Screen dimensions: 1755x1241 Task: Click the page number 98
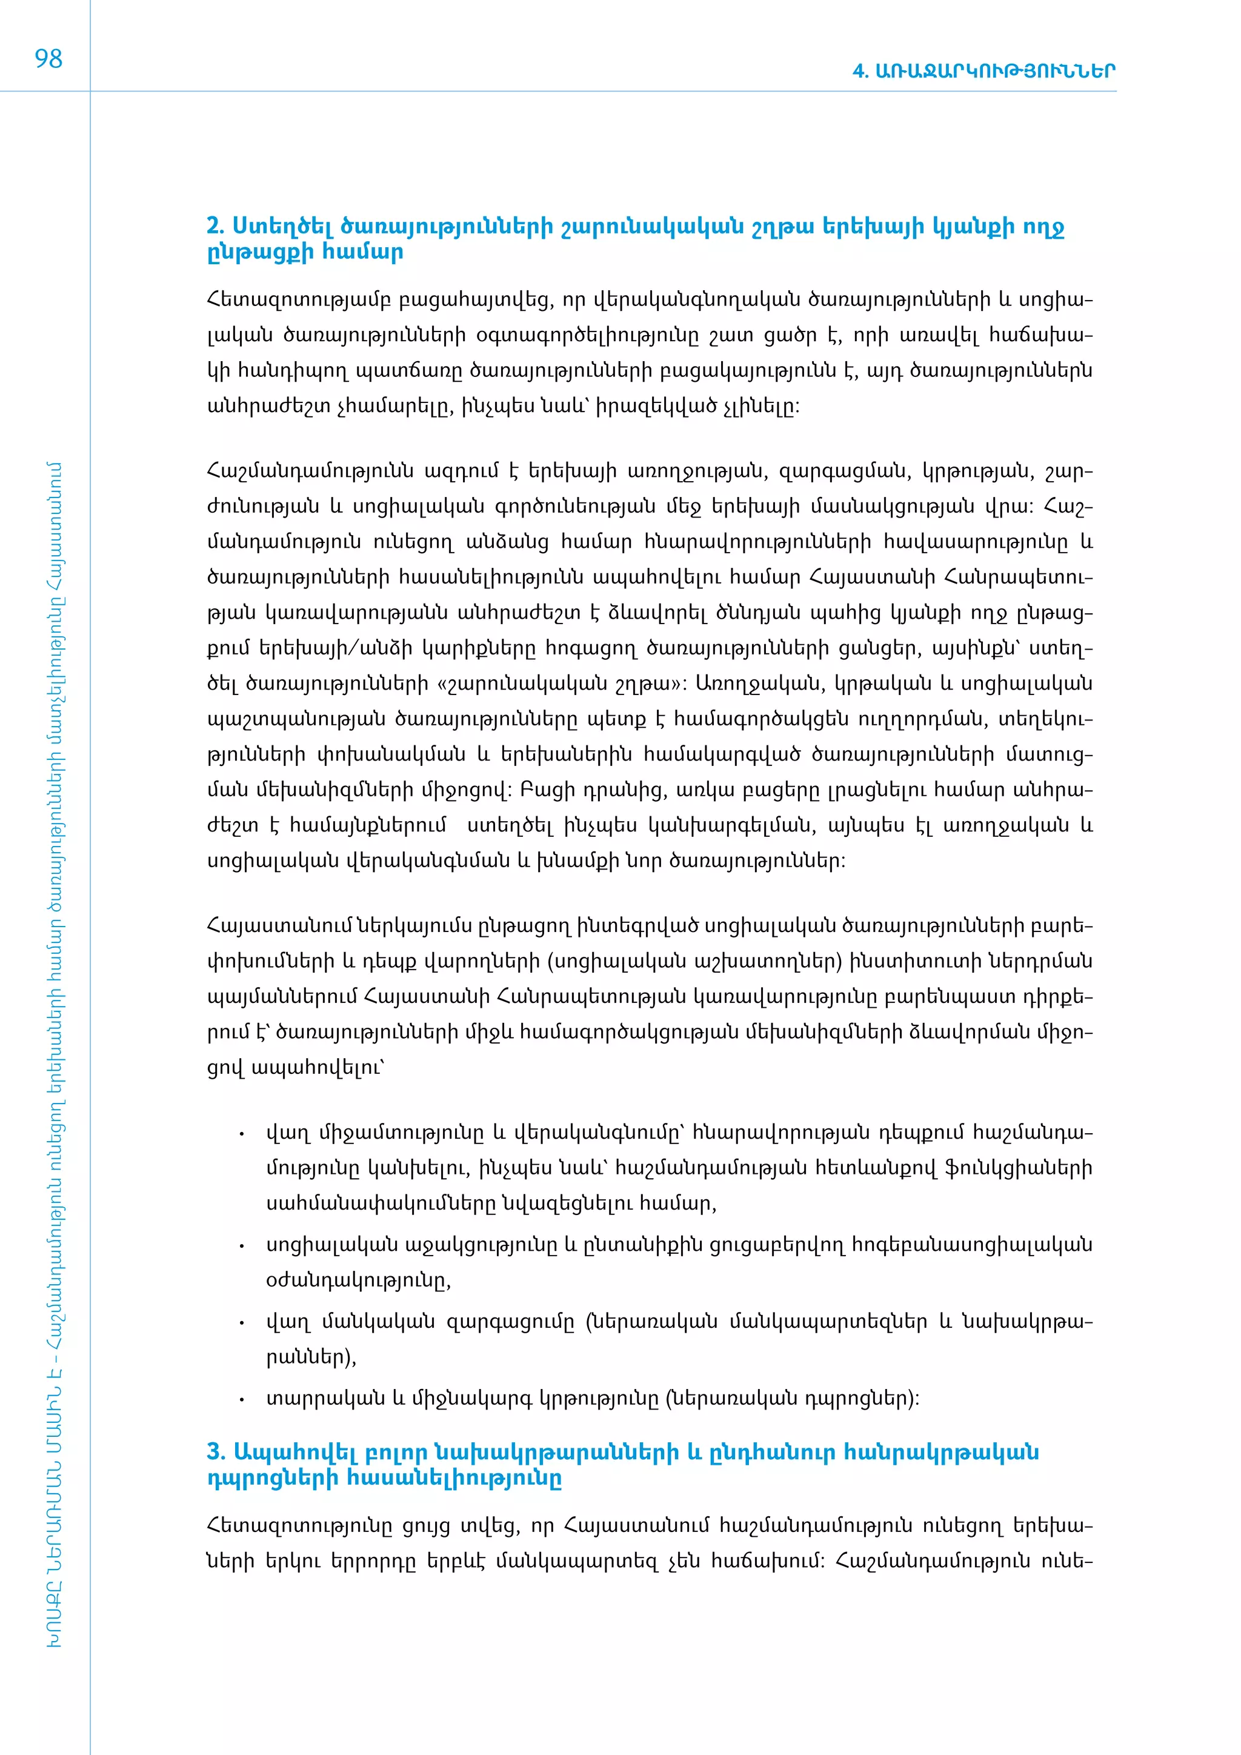48,59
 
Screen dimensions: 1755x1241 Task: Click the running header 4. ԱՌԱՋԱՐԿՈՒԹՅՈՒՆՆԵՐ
983,71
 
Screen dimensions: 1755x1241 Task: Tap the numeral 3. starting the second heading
216,1451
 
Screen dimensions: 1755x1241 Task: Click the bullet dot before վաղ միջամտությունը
242,1134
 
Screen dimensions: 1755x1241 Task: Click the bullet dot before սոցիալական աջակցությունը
242,1247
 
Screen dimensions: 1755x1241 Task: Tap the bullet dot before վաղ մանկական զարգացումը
242,1323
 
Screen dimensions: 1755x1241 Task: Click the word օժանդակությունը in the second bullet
358,1281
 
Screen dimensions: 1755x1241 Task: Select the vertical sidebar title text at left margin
53,1055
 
